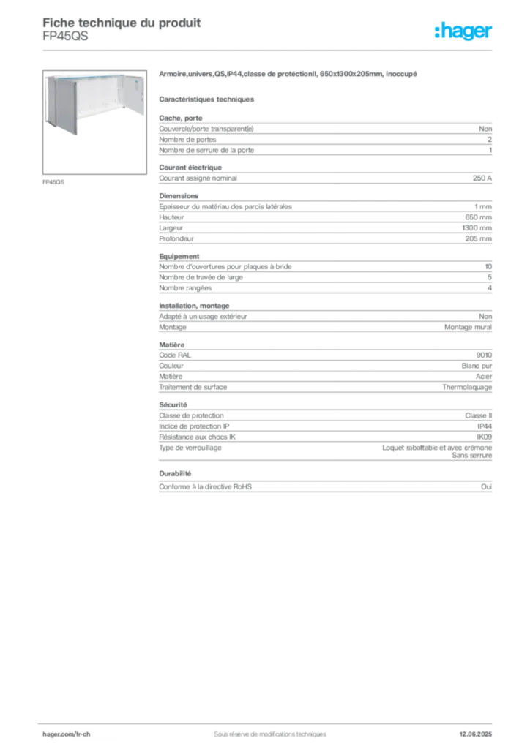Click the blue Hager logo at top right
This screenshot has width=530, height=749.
[x=464, y=32]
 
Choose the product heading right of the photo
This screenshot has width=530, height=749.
[x=289, y=75]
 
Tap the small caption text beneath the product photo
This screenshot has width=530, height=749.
[x=55, y=181]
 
